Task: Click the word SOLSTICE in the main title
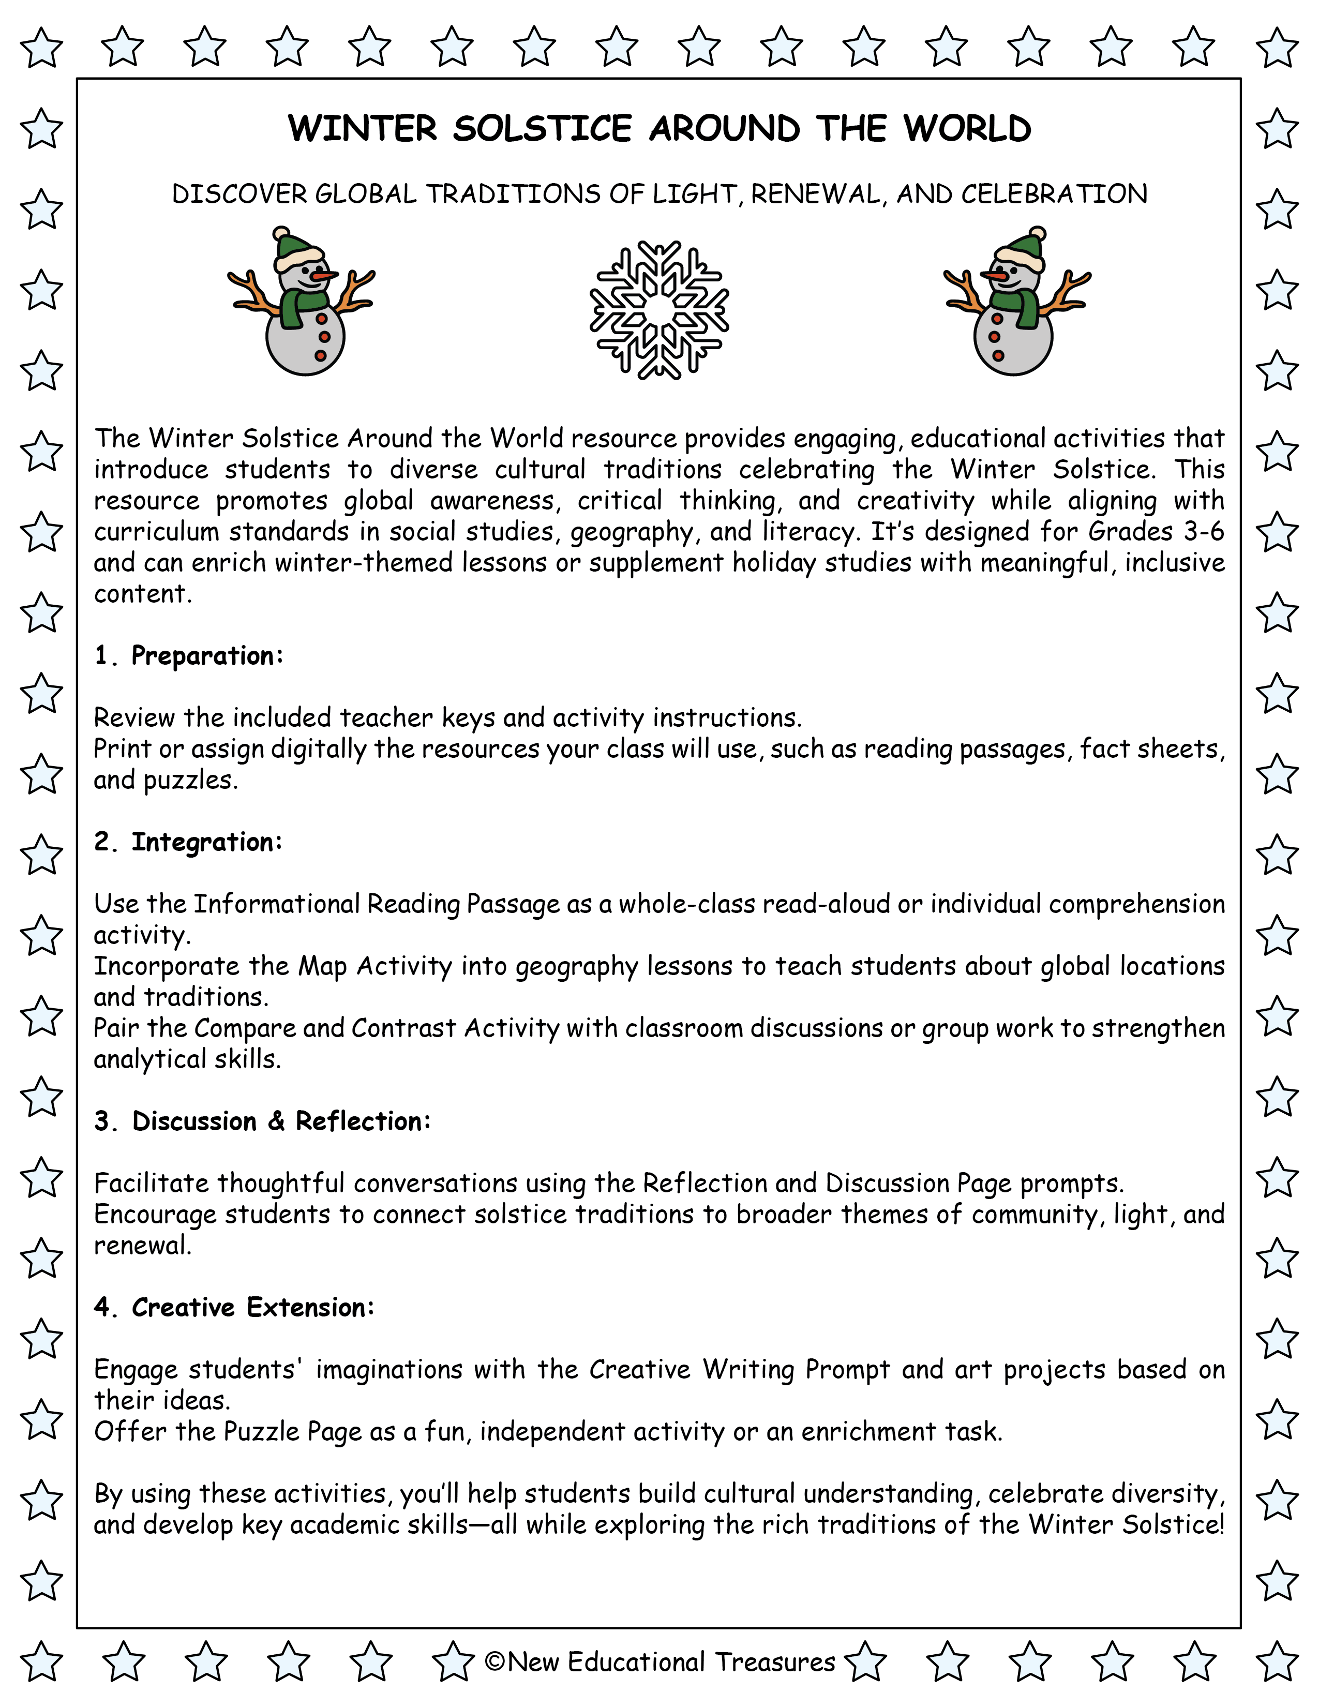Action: (542, 129)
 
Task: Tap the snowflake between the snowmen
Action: (658, 310)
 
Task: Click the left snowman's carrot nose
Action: (323, 276)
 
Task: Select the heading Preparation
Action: (206, 656)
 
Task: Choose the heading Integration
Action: (206, 842)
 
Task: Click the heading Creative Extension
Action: (252, 1307)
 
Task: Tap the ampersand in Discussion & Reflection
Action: (276, 1121)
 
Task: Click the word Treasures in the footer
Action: (775, 1661)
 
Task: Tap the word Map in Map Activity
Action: (322, 966)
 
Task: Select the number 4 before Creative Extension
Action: (102, 1307)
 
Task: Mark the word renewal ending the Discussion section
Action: (142, 1245)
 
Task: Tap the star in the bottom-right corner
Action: (1277, 1661)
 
